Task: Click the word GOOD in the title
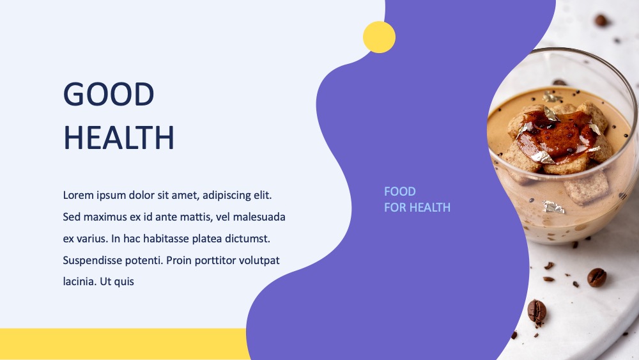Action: click(109, 94)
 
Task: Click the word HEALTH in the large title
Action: click(119, 138)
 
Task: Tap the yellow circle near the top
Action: click(379, 37)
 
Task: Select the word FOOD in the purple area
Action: click(400, 191)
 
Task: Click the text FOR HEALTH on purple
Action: click(417, 208)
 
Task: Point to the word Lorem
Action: click(78, 195)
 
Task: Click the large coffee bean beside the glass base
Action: click(597, 278)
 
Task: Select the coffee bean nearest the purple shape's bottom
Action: click(537, 312)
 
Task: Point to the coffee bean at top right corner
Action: click(601, 20)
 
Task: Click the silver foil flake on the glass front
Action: click(553, 207)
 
